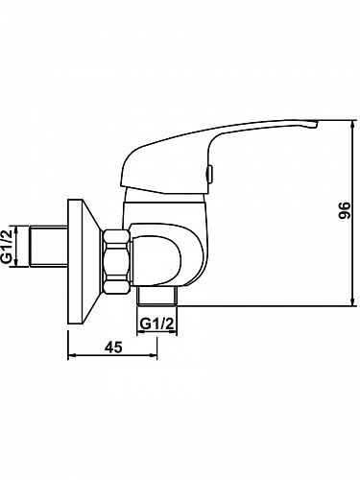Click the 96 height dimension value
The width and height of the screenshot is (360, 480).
344,210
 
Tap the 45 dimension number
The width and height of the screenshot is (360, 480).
114,347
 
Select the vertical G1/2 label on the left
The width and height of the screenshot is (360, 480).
8,246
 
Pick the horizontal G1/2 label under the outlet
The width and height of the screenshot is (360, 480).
157,324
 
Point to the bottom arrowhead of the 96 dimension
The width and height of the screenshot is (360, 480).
352,301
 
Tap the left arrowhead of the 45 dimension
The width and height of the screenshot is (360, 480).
73,355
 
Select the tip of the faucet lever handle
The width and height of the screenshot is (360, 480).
317,123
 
